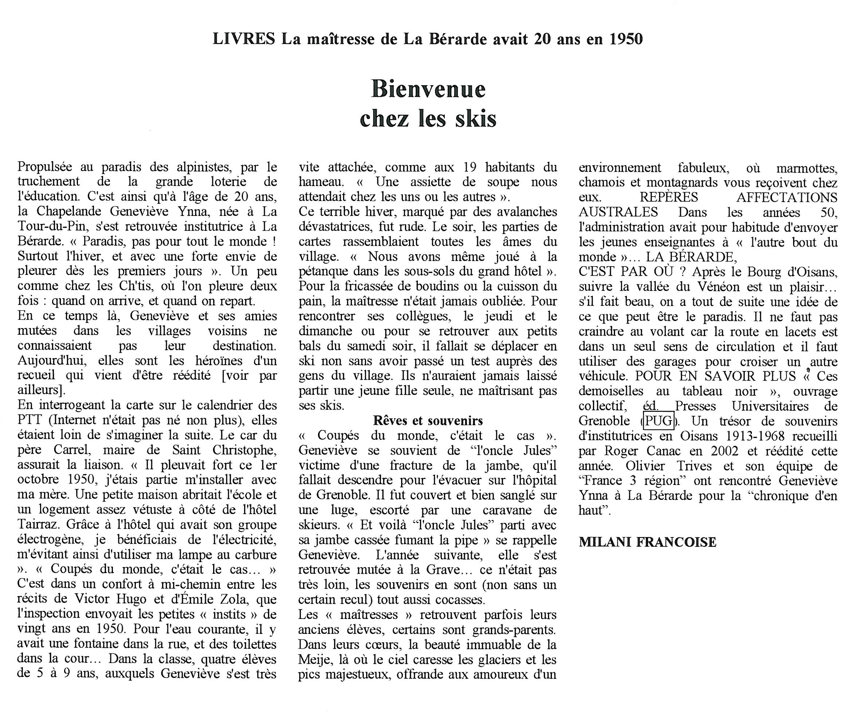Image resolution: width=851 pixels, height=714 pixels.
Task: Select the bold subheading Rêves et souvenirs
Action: [428, 421]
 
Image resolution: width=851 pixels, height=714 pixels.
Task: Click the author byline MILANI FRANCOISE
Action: [647, 542]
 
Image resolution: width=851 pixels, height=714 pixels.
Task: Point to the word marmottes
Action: [807, 167]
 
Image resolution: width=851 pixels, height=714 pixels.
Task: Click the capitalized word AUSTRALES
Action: [618, 212]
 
